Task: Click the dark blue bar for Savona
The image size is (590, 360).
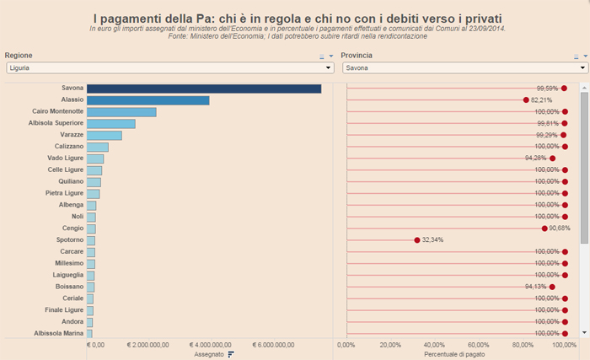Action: [x=203, y=89]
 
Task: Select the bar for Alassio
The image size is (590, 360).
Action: [x=147, y=100]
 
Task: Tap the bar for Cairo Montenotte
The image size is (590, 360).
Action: [x=121, y=112]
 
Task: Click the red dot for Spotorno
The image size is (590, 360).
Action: [x=417, y=240]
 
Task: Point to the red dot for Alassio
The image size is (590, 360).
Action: [x=526, y=100]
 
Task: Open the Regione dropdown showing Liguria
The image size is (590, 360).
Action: [x=169, y=67]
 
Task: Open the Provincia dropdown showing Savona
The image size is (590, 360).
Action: [x=464, y=67]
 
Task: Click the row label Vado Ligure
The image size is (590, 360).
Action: [x=65, y=159]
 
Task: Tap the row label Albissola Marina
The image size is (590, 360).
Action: [x=59, y=333]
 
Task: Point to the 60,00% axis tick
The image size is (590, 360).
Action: [x=479, y=345]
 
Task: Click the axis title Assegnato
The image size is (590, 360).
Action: [x=210, y=354]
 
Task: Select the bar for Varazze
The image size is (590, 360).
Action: [x=104, y=135]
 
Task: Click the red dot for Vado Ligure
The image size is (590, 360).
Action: [x=552, y=159]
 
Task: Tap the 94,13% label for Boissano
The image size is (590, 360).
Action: [x=535, y=287]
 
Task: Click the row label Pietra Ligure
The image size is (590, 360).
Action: [x=64, y=193]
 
